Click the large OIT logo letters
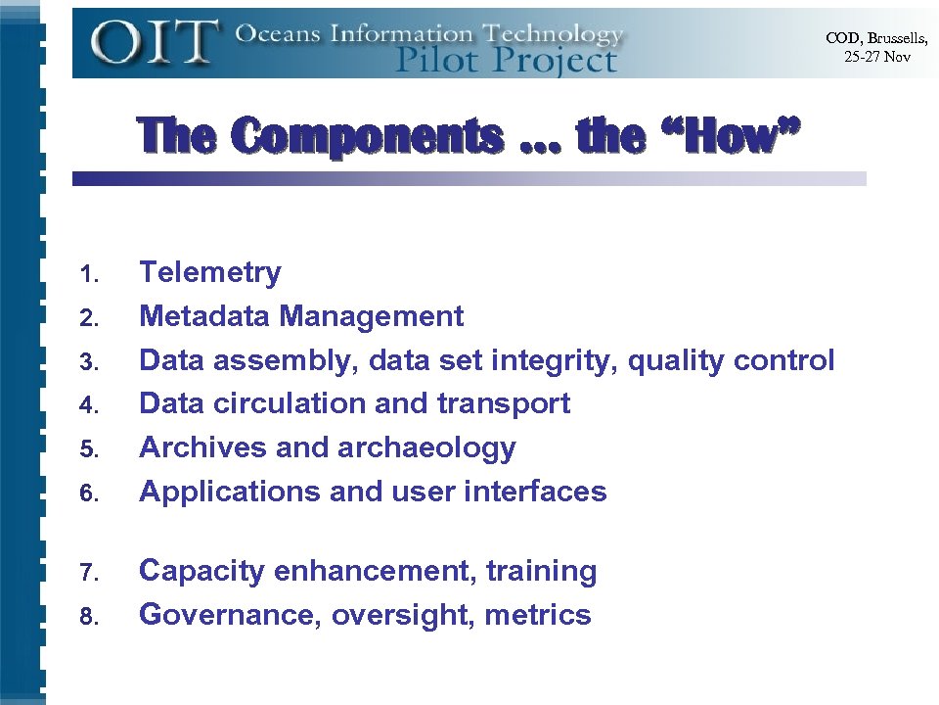click(155, 41)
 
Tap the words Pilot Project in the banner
click(506, 60)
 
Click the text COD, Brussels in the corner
click(876, 38)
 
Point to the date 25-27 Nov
click(877, 57)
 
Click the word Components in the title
click(368, 136)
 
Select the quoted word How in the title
click(731, 136)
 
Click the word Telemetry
click(210, 272)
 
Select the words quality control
click(731, 360)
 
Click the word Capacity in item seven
click(202, 571)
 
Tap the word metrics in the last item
click(538, 615)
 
